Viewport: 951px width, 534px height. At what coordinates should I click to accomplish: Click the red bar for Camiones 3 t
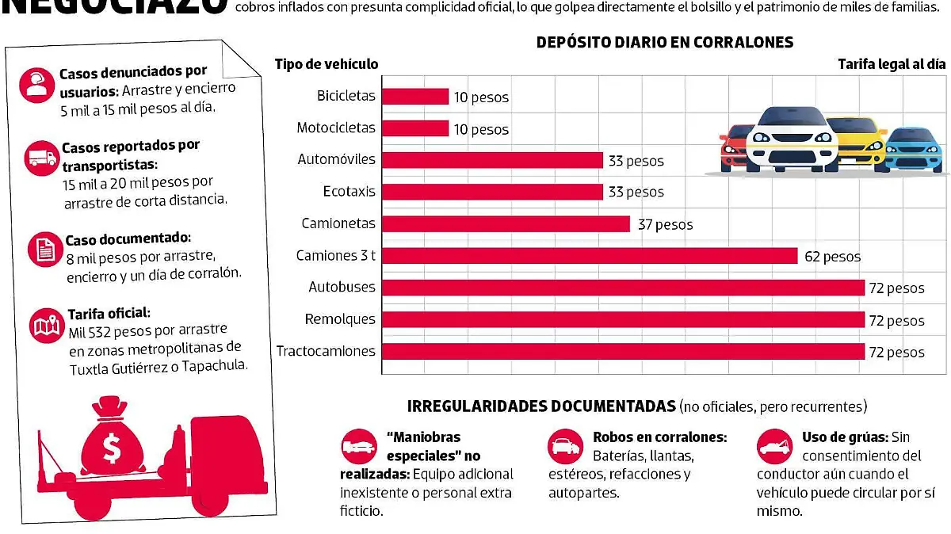pyautogui.click(x=590, y=256)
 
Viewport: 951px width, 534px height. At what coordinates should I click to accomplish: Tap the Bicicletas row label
pyautogui.click(x=346, y=97)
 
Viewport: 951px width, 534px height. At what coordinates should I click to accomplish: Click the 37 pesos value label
pyautogui.click(x=665, y=225)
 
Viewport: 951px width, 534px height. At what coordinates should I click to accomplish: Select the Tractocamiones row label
pyautogui.click(x=326, y=351)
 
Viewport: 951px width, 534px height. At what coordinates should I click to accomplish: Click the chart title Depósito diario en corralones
pyautogui.click(x=665, y=42)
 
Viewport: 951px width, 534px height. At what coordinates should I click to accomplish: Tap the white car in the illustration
pyautogui.click(x=792, y=139)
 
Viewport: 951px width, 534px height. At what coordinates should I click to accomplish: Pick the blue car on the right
pyautogui.click(x=914, y=149)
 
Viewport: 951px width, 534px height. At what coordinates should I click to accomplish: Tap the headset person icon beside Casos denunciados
pyautogui.click(x=36, y=85)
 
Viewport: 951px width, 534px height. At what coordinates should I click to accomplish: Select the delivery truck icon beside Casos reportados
pyautogui.click(x=41, y=158)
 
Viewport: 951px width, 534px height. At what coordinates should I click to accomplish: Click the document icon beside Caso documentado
pyautogui.click(x=45, y=250)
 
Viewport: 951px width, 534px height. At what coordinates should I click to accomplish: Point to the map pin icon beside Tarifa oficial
pyautogui.click(x=44, y=326)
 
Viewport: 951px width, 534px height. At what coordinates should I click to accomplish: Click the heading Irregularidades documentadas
pyautogui.click(x=541, y=406)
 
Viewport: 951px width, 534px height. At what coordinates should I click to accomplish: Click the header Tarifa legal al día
pyautogui.click(x=892, y=64)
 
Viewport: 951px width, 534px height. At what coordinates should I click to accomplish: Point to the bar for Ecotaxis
pyautogui.click(x=492, y=192)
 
